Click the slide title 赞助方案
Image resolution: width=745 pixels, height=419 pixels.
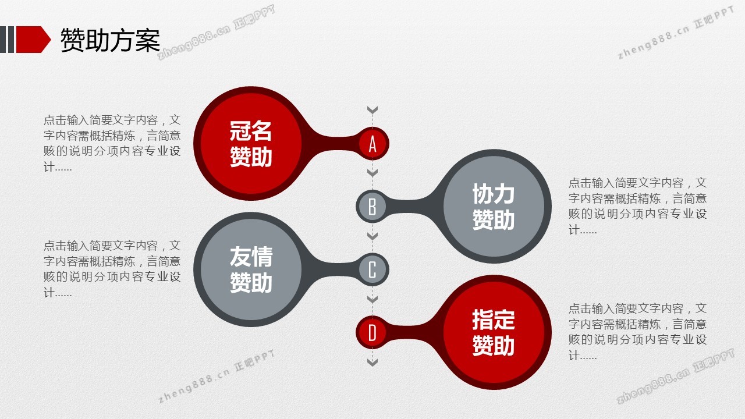coord(110,40)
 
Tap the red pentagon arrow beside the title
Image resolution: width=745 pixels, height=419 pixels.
coord(33,40)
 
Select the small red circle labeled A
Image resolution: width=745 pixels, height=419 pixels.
coord(372,144)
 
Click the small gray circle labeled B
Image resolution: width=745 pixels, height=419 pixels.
coord(372,207)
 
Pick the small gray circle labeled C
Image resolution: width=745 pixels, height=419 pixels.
coord(372,269)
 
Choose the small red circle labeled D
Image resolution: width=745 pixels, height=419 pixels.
coord(372,332)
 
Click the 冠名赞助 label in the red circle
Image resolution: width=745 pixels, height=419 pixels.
coord(251,144)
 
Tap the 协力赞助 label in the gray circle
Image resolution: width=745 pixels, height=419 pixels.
coord(494,207)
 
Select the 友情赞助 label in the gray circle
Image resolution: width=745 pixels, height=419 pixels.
coord(251,269)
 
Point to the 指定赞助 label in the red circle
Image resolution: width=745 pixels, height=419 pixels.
coord(494,332)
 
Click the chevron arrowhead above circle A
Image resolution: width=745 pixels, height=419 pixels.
coord(372,110)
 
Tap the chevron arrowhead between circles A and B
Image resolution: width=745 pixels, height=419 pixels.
coord(372,173)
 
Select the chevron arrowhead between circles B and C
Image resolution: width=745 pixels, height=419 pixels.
coord(372,236)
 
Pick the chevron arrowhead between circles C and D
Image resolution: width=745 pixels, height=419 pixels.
coord(372,299)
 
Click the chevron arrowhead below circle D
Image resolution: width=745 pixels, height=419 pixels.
coord(372,362)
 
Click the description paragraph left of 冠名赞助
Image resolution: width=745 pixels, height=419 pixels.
coord(112,143)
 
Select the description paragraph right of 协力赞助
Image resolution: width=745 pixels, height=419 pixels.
coord(637,206)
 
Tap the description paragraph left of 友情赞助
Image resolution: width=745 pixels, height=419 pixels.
coord(112,269)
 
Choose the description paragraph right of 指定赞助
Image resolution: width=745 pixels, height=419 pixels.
coord(637,332)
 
